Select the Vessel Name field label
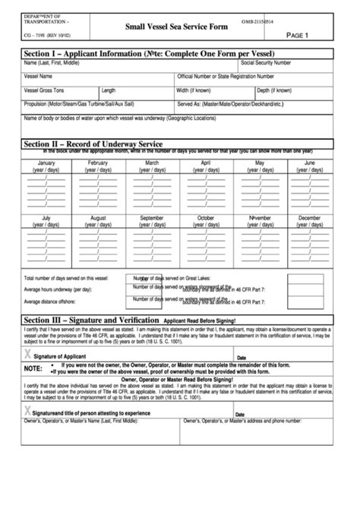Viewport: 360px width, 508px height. coord(39,77)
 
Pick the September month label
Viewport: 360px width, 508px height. coord(152,218)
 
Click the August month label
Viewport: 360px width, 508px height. coord(99,218)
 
